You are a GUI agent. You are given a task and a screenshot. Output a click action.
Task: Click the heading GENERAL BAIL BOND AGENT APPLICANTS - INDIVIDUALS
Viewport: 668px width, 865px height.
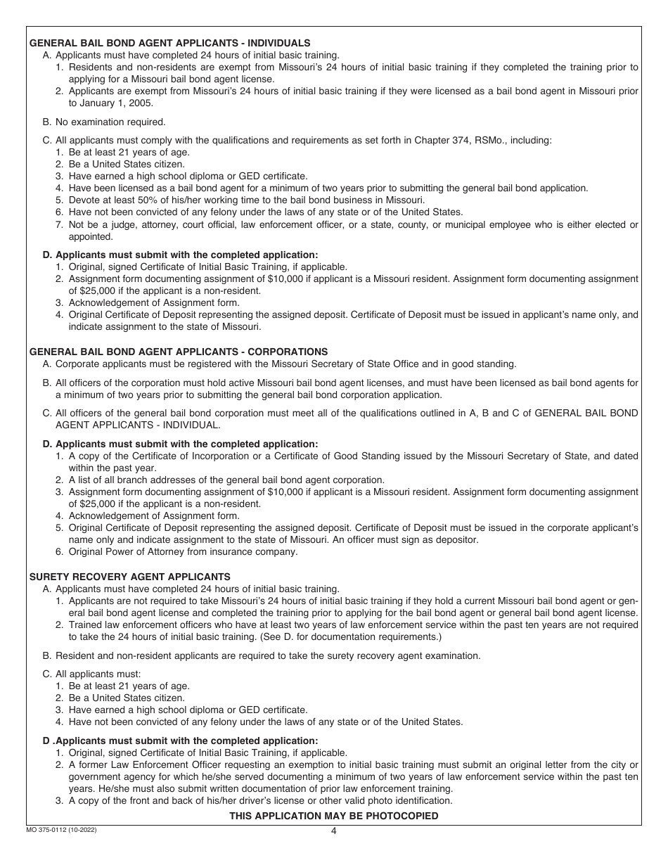click(169, 43)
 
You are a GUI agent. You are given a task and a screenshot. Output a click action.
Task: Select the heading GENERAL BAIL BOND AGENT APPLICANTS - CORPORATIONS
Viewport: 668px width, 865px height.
click(179, 352)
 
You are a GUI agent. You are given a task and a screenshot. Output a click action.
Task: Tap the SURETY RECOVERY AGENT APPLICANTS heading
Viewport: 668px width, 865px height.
click(129, 577)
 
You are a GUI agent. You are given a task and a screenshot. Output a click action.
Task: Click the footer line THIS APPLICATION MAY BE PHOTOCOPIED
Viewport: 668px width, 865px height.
click(333, 816)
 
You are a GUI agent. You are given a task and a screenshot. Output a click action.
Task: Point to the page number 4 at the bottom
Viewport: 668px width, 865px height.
click(334, 831)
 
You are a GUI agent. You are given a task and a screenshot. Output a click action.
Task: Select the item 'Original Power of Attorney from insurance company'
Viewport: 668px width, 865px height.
click(183, 551)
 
